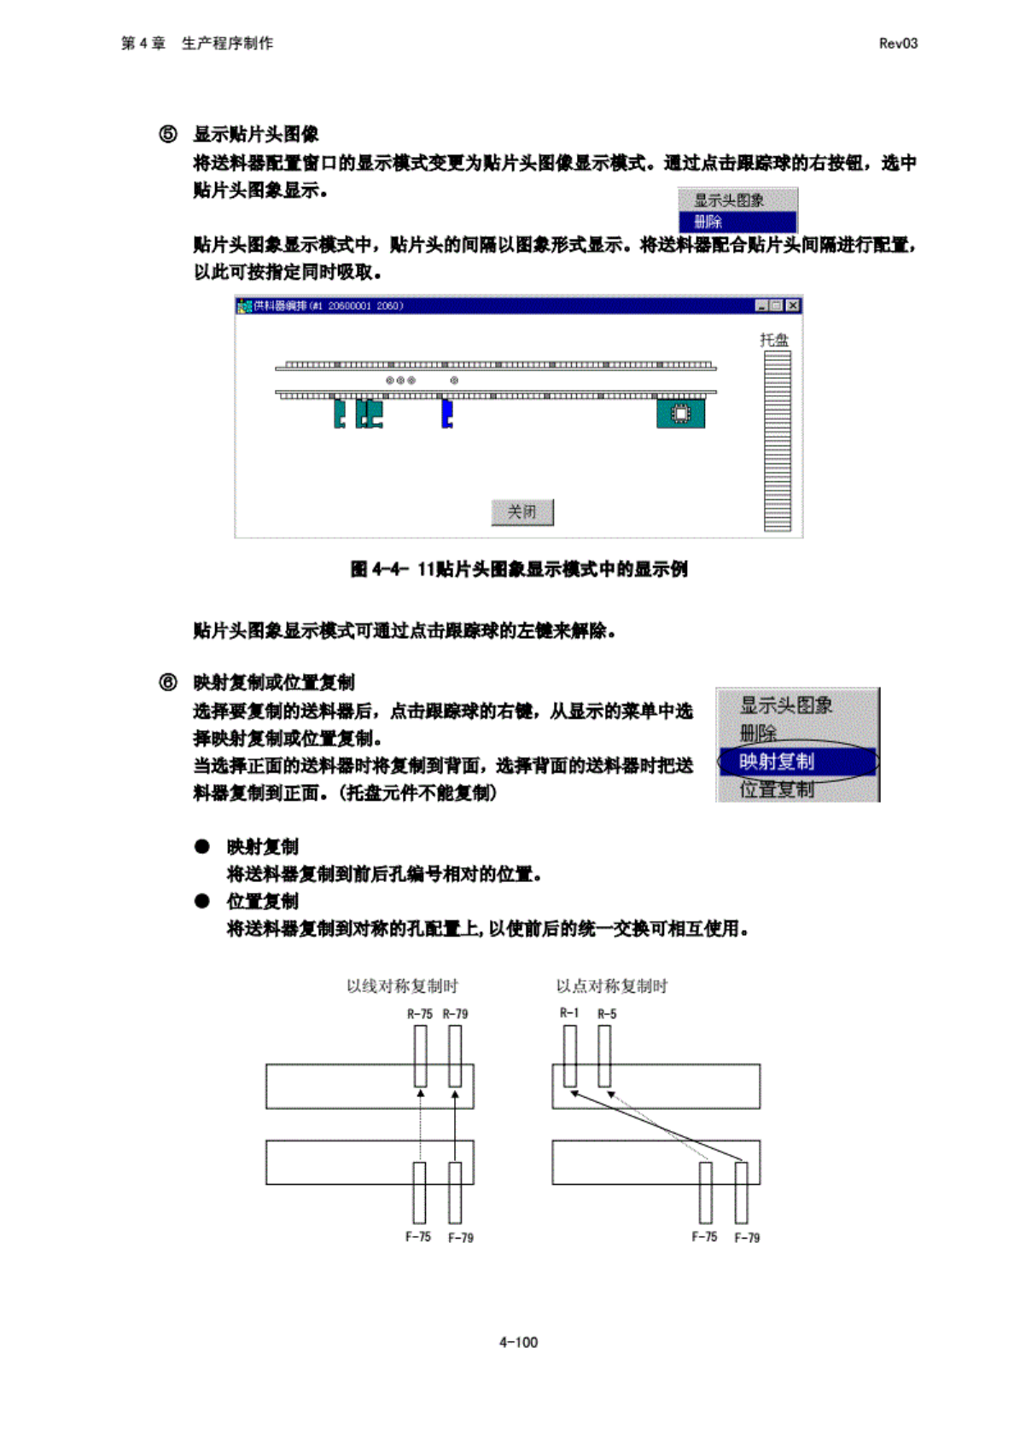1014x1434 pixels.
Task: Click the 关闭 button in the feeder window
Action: pyautogui.click(x=522, y=512)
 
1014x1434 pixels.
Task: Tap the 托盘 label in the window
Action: pyautogui.click(x=774, y=340)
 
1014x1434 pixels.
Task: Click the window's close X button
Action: pyautogui.click(x=793, y=305)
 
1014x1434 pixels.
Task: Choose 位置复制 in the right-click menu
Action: pyautogui.click(x=777, y=789)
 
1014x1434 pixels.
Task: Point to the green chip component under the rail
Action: pyautogui.click(x=680, y=414)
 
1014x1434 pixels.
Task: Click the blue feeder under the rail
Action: pyautogui.click(x=446, y=414)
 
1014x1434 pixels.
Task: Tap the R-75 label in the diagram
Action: pyautogui.click(x=419, y=1014)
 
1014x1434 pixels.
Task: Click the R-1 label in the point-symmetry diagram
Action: pyautogui.click(x=569, y=1013)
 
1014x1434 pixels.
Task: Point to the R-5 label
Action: pyautogui.click(x=607, y=1014)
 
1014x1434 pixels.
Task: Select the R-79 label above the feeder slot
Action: pyautogui.click(x=455, y=1014)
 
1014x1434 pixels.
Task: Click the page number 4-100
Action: pyautogui.click(x=518, y=1342)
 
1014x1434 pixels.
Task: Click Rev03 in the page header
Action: pyautogui.click(x=898, y=44)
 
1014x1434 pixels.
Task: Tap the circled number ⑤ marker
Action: pyautogui.click(x=168, y=134)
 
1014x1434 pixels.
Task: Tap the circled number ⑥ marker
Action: pyautogui.click(x=168, y=682)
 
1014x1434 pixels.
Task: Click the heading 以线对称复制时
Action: pyautogui.click(x=402, y=986)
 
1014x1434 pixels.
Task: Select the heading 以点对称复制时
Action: pyautogui.click(x=612, y=986)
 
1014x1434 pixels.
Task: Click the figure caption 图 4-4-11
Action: pyautogui.click(x=519, y=569)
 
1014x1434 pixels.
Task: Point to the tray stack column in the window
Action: pyautogui.click(x=777, y=440)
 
